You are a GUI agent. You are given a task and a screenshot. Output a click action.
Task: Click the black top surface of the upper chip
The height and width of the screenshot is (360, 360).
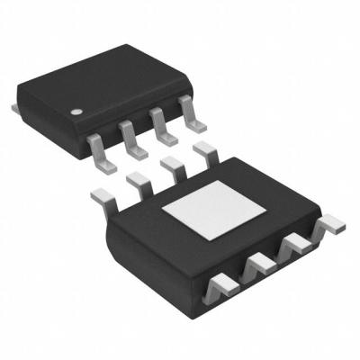[108, 76]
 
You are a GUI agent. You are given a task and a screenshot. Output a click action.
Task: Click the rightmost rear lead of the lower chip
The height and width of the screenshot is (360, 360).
[204, 150]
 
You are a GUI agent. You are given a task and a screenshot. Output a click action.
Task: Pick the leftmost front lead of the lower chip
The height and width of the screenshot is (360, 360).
[222, 286]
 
